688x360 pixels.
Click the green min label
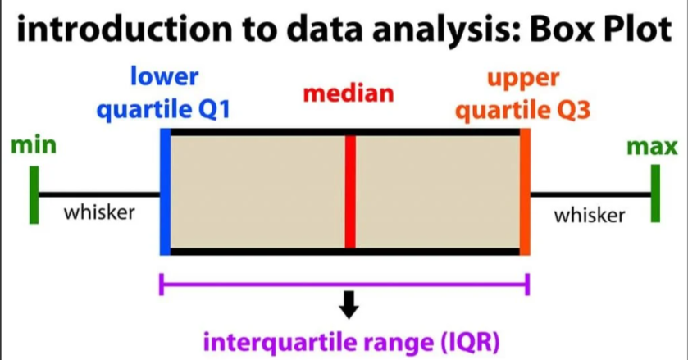pos(34,147)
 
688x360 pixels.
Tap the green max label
pos(652,148)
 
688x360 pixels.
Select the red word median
pos(349,93)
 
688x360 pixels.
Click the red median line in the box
pos(350,191)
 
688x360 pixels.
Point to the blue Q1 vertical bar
pos(165,191)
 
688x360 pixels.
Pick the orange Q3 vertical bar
pos(525,191)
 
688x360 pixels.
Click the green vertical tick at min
pos(34,194)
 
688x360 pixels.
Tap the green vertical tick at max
pos(655,194)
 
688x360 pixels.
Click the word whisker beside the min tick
pos(99,212)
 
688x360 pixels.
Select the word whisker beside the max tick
pos(589,215)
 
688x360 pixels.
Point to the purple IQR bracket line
pos(344,285)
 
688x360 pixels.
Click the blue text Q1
pos(209,110)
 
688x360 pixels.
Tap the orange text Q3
pos(571,110)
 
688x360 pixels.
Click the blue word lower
pos(164,78)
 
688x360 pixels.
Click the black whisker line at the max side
pos(590,194)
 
